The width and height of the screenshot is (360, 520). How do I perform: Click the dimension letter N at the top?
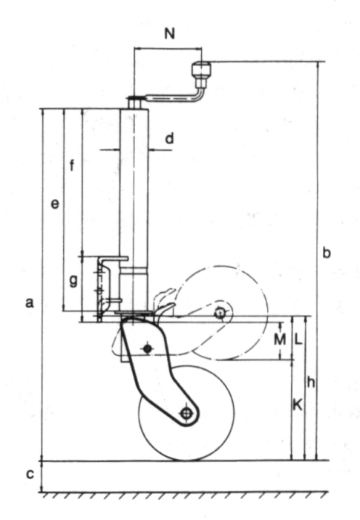click(x=169, y=33)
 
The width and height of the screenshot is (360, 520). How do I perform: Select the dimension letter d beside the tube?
click(x=169, y=138)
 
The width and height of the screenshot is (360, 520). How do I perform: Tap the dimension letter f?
click(x=72, y=165)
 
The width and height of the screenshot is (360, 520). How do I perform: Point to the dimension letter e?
click(x=55, y=204)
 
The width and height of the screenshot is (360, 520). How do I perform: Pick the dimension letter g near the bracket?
click(x=73, y=282)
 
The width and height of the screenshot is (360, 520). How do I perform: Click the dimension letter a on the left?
click(x=30, y=302)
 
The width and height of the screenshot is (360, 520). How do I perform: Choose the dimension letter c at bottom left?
click(x=30, y=475)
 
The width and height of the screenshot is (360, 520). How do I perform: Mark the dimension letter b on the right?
click(x=327, y=253)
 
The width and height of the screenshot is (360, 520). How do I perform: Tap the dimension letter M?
click(x=280, y=339)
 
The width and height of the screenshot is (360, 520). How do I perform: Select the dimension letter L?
click(x=298, y=339)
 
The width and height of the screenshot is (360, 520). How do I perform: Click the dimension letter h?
click(x=310, y=383)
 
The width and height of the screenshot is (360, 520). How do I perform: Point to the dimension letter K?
click(x=298, y=405)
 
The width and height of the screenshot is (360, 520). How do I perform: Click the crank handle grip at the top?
click(x=202, y=70)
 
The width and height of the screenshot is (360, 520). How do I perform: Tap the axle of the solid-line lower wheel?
click(x=186, y=413)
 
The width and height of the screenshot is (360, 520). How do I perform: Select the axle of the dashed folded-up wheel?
click(x=220, y=313)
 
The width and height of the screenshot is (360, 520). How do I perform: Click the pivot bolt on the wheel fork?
click(x=148, y=348)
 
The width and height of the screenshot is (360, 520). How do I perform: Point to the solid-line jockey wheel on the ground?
click(x=186, y=413)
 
